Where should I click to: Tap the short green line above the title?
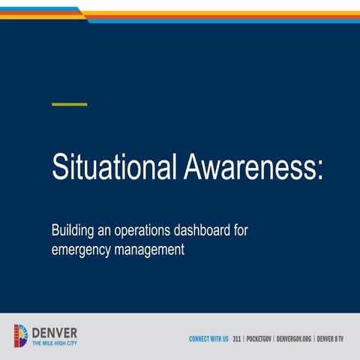click(x=69, y=104)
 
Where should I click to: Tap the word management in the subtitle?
click(x=150, y=250)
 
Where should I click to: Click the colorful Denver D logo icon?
click(x=21, y=335)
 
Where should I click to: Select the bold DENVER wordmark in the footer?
click(x=54, y=332)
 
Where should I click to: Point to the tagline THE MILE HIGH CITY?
click(x=54, y=343)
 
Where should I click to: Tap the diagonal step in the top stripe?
click(x=83, y=13)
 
